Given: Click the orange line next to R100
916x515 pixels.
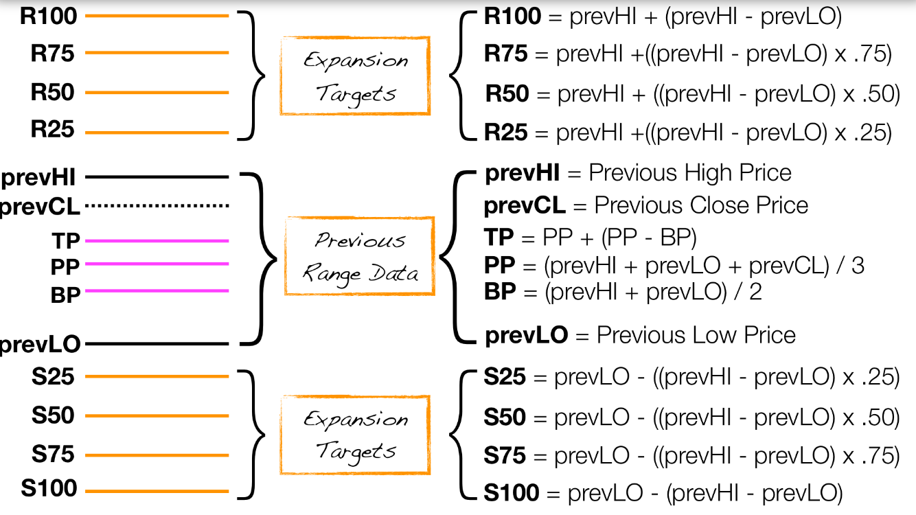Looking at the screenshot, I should pyautogui.click(x=157, y=15).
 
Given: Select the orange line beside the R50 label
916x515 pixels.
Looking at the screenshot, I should pyautogui.click(x=157, y=92).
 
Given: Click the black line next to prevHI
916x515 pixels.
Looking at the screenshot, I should pyautogui.click(x=157, y=177).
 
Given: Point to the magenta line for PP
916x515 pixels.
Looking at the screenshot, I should pyautogui.click(x=157, y=264).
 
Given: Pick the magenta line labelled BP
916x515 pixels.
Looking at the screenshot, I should pyautogui.click(x=157, y=290).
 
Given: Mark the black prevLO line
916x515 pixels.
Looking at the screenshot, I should pyautogui.click(x=157, y=343).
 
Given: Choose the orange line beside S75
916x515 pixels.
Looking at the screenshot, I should pyautogui.click(x=157, y=454).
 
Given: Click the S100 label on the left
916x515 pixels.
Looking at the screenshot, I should pyautogui.click(x=49, y=489).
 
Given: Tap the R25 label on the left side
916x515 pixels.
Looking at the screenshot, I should pyautogui.click(x=52, y=129).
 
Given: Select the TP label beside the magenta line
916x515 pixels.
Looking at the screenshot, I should pyautogui.click(x=65, y=240).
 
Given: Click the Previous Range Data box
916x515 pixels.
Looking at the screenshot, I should pyautogui.click(x=359, y=256).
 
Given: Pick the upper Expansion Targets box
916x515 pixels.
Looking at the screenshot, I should pyautogui.click(x=355, y=76).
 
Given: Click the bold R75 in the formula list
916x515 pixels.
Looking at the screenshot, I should pyautogui.click(x=505, y=54).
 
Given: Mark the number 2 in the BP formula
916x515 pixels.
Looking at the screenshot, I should pyautogui.click(x=755, y=292).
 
